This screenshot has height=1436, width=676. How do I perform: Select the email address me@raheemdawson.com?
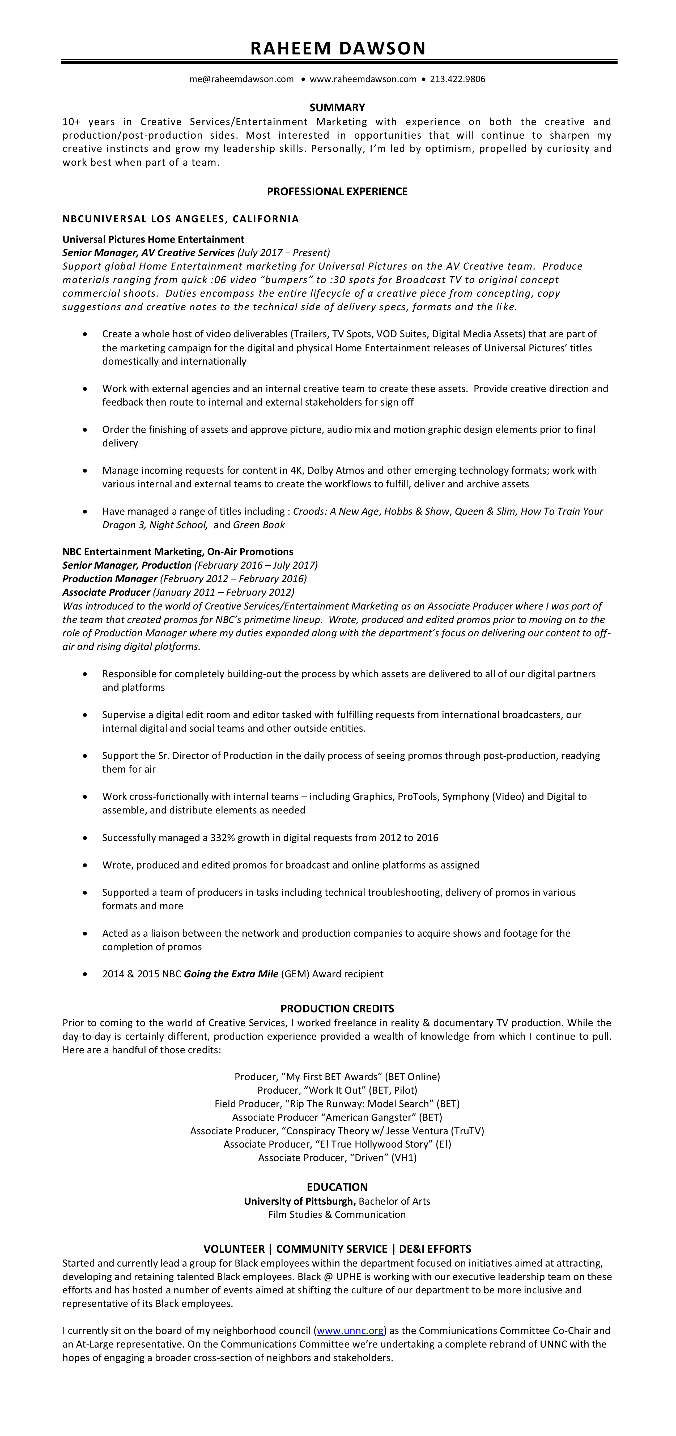pos(241,79)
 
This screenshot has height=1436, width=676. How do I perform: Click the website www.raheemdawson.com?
pos(363,79)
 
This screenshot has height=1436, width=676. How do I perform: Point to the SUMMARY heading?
pos(337,108)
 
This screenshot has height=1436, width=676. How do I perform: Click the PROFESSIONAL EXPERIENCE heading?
pos(337,192)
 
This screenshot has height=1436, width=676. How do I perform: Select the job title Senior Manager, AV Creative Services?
pos(148,253)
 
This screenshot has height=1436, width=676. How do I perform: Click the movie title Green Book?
pos(259,525)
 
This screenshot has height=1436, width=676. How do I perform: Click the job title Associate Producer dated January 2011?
pos(106,593)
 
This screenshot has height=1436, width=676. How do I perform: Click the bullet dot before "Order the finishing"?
pos(85,430)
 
